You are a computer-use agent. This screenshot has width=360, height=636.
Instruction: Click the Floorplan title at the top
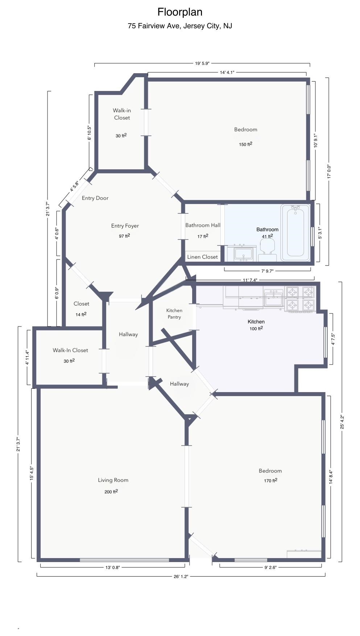coord(180,12)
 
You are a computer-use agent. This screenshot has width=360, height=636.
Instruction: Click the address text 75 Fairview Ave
coord(180,26)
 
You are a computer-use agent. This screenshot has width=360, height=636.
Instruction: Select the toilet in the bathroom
coord(267,250)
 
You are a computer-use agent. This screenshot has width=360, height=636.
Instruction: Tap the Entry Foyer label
coord(125,226)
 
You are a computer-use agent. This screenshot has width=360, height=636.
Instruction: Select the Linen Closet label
coord(202,257)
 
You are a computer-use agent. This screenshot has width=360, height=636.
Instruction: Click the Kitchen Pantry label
coord(174,313)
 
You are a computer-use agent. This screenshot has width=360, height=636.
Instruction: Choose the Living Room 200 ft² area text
coord(111,492)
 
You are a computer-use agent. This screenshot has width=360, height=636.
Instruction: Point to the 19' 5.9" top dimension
coord(202,63)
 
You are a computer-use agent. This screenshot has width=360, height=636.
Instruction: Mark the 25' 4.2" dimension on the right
coord(342,422)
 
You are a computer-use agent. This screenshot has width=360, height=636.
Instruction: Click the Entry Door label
coord(95,198)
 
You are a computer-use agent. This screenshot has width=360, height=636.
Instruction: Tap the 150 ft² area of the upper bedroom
coord(245,144)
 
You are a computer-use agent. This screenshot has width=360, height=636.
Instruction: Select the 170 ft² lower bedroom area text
coord(270,481)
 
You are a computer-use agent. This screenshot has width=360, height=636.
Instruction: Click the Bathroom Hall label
coord(203,225)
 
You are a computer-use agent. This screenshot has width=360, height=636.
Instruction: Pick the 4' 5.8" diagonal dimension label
coord(74,186)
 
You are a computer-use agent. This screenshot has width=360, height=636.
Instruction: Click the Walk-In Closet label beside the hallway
coord(70,350)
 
